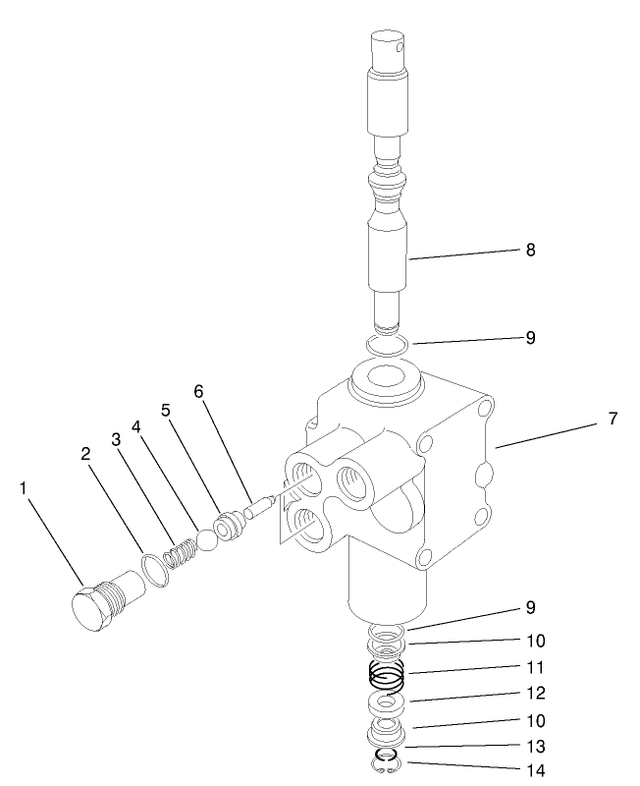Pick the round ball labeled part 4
coord(206,541)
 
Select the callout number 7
coord(612,419)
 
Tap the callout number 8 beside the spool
coord(530,250)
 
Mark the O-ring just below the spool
coord(385,345)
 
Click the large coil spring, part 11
coord(387,676)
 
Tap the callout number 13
coord(534,746)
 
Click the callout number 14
coord(534,770)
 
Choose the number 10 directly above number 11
coord(534,641)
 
